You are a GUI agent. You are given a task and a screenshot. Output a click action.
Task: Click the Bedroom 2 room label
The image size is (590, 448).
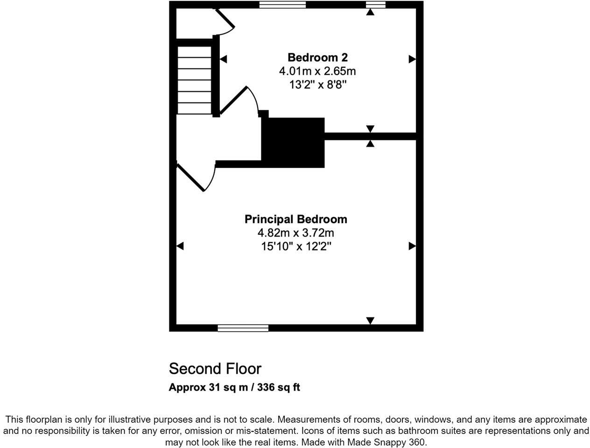(x=317, y=57)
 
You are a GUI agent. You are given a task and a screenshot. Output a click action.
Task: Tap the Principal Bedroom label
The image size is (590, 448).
(x=296, y=219)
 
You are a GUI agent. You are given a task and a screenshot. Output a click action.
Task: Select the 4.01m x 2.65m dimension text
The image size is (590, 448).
(x=317, y=71)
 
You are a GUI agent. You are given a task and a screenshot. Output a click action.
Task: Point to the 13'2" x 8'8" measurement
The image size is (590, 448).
(x=317, y=85)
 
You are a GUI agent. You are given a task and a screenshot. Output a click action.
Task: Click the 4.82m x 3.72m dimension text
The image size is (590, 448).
(x=296, y=232)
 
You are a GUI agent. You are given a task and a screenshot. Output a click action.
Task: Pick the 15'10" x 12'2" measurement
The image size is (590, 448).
(x=296, y=246)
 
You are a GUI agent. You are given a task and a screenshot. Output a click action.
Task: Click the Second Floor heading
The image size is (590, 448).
(x=215, y=369)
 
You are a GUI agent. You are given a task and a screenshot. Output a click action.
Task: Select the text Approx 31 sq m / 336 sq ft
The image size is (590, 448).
(x=234, y=387)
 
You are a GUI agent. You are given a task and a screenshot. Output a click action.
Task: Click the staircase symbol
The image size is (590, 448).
(x=195, y=79)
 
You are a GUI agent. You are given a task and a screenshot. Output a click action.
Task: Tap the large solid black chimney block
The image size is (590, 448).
(x=293, y=142)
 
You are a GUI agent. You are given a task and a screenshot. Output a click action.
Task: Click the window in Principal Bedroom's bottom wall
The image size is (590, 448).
(x=243, y=329)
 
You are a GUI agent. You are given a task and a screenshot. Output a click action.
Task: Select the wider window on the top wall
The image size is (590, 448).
(x=282, y=5)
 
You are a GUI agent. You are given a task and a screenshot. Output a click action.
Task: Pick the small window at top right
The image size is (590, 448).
(x=376, y=5)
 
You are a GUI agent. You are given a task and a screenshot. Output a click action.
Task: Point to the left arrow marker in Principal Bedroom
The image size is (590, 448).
(x=180, y=246)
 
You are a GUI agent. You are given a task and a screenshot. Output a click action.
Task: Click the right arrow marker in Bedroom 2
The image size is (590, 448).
(x=412, y=59)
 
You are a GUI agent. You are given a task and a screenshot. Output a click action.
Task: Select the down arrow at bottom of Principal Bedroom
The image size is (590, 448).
(x=370, y=321)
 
